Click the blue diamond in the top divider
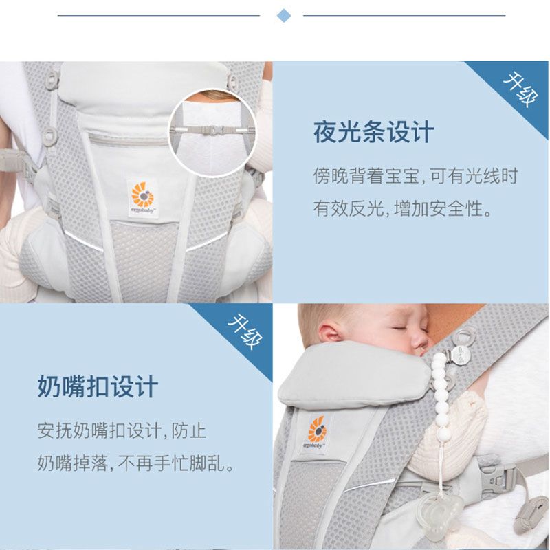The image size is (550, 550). [284, 16]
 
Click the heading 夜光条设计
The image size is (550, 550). [373, 132]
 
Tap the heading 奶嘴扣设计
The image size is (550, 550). [98, 386]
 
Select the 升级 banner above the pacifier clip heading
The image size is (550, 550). [245, 331]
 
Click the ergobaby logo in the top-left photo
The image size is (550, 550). [142, 197]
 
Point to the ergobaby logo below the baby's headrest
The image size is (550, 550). [316, 434]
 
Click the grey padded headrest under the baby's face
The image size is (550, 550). [354, 375]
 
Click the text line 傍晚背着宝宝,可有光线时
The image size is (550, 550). [416, 176]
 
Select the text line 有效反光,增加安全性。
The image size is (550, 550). [403, 208]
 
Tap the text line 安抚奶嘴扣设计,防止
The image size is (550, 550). [122, 430]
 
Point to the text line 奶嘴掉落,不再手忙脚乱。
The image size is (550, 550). [136, 463]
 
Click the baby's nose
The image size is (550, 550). [420, 340]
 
